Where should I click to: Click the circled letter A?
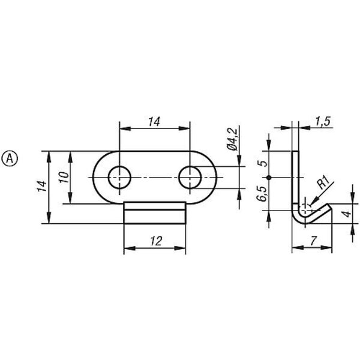click(10, 158)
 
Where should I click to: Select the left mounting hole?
click(119, 177)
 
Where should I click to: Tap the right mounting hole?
click(190, 177)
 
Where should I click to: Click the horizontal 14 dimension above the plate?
click(154, 121)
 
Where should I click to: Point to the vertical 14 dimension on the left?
click(42, 186)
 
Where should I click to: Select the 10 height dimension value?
click(64, 177)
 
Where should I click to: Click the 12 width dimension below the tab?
click(157, 241)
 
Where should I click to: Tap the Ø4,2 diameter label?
click(232, 139)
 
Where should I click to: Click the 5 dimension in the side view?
click(263, 163)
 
